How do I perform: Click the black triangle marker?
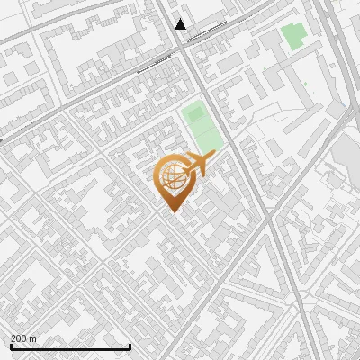(x=181, y=24)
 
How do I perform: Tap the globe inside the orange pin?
(x=173, y=178)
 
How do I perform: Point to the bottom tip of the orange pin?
(x=171, y=210)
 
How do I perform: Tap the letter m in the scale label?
(x=33, y=338)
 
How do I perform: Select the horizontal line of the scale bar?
(x=70, y=346)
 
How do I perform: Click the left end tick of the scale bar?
(x=10, y=346)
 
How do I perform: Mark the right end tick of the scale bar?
(x=130, y=346)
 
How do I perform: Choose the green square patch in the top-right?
(x=292, y=36)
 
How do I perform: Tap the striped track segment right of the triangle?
(x=206, y=31)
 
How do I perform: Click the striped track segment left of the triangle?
(x=153, y=63)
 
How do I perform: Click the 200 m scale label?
(x=24, y=338)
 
